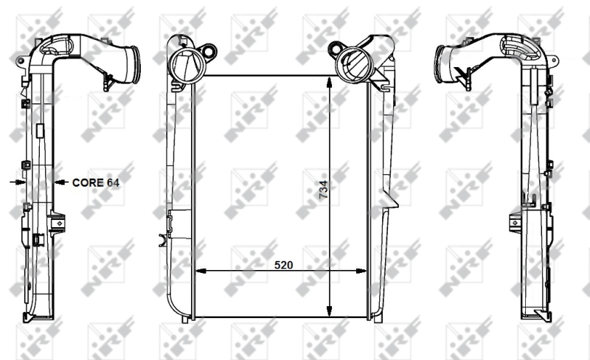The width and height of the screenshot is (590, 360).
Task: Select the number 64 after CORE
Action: pyautogui.click(x=113, y=181)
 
